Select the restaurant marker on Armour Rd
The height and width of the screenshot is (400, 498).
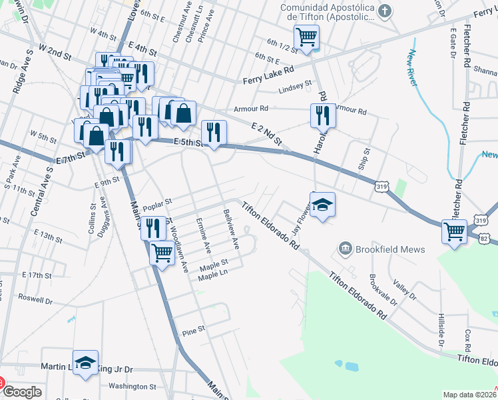click(x=323, y=115)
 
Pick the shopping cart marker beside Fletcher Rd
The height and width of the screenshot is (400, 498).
click(x=454, y=232)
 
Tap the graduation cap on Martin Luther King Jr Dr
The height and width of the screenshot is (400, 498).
click(x=85, y=363)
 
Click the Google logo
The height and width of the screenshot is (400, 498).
click(x=22, y=392)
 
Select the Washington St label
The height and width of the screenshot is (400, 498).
click(x=132, y=386)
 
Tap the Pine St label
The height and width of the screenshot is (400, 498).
click(x=192, y=331)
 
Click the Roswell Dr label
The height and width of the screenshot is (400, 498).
click(x=35, y=297)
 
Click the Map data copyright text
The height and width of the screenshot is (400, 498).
click(x=469, y=395)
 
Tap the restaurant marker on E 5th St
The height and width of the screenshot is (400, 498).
click(x=214, y=132)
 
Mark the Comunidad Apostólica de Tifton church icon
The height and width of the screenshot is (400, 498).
click(x=384, y=11)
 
